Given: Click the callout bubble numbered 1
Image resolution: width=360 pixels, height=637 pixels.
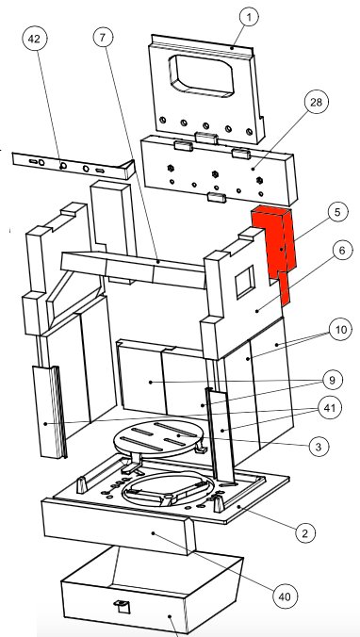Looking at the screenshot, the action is [x=249, y=17].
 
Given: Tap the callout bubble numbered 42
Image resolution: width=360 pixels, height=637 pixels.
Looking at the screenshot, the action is [x=35, y=39].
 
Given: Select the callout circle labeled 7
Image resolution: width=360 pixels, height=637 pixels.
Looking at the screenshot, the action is [x=102, y=38].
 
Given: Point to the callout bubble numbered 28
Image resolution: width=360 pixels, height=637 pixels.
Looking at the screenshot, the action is [x=316, y=102].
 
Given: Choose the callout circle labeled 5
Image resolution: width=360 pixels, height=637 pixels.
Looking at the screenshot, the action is [x=337, y=212].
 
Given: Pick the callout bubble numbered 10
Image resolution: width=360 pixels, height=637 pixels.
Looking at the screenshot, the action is [x=340, y=330].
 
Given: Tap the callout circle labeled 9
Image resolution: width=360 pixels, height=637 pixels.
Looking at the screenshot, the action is [x=333, y=381].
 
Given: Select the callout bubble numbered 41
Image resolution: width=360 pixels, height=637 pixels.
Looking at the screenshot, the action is [x=330, y=407].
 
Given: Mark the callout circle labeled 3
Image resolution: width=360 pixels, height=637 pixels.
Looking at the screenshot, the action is [x=319, y=447].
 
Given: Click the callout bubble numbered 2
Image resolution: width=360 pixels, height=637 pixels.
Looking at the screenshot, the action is [x=304, y=532].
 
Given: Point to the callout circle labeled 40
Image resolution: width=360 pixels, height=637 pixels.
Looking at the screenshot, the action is [x=285, y=596].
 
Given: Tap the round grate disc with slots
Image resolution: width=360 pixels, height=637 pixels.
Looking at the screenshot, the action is [x=159, y=439].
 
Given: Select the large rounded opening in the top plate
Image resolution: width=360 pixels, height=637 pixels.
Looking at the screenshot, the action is [x=202, y=76].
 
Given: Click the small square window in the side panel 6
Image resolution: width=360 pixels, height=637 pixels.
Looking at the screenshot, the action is [x=245, y=281].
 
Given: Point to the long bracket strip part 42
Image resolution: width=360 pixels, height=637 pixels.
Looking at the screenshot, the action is [x=74, y=166].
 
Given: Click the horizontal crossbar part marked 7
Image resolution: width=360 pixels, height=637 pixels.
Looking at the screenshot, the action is [x=134, y=269].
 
